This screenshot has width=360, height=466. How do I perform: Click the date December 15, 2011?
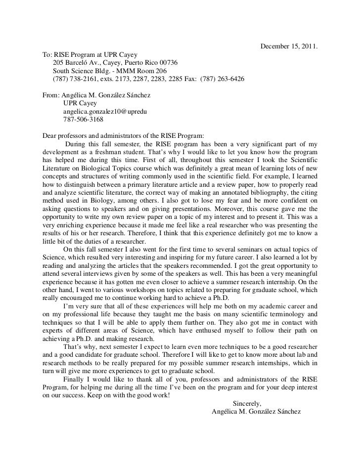click(288, 47)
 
